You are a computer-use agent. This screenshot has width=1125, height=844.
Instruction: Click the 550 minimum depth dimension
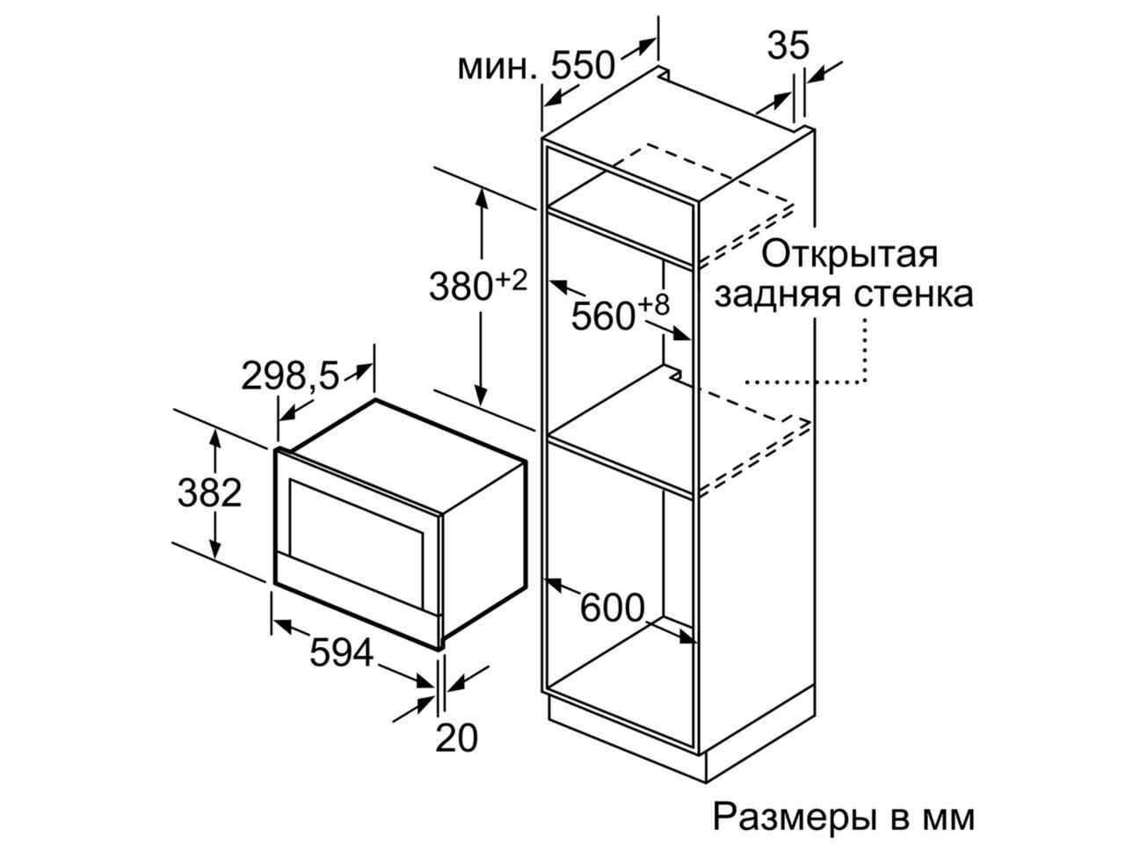(x=582, y=66)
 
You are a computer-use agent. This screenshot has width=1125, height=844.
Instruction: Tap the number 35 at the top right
(x=787, y=45)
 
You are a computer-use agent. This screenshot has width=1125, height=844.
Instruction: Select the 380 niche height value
(x=461, y=287)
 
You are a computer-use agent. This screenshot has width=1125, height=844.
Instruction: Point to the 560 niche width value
(x=603, y=316)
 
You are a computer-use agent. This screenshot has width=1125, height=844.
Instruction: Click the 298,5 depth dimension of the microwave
(x=290, y=375)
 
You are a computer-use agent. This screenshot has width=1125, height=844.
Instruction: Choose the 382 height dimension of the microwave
(x=209, y=493)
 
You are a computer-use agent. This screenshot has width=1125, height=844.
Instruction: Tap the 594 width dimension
(x=341, y=652)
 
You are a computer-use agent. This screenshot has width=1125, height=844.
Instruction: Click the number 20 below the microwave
(x=455, y=738)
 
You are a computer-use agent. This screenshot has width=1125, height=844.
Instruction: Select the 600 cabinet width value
(x=612, y=608)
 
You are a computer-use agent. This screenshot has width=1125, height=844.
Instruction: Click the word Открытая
(x=850, y=255)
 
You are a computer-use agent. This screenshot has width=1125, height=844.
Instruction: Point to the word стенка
(x=913, y=295)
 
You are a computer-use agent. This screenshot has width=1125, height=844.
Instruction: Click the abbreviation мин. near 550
(x=497, y=68)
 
